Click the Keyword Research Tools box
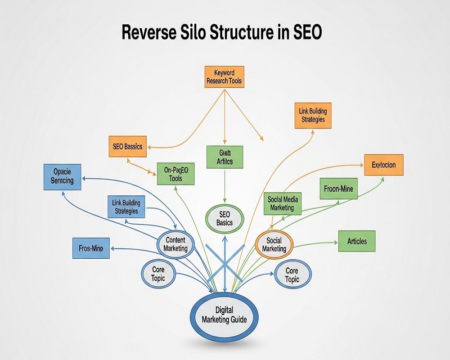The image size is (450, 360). [x=224, y=77]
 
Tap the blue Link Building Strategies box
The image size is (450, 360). [x=126, y=207]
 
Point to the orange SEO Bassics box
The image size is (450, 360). [x=127, y=147]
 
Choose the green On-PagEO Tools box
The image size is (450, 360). [x=175, y=174]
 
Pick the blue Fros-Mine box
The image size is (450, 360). [x=91, y=248]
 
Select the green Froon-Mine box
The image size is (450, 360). [x=338, y=189]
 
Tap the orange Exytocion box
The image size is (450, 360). [x=383, y=165]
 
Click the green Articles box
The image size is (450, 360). [x=357, y=241]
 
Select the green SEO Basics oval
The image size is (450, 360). [x=224, y=219]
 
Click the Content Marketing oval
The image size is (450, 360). [x=175, y=244]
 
